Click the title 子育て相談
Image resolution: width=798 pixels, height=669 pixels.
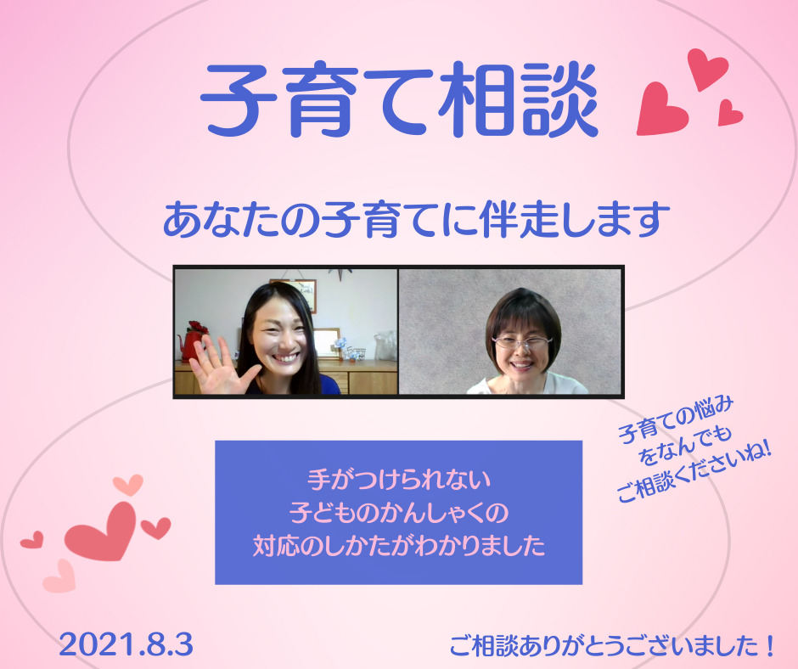click(x=400, y=100)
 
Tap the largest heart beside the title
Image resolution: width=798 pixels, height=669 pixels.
click(x=660, y=110)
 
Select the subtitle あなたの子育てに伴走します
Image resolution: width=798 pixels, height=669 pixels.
click(x=416, y=220)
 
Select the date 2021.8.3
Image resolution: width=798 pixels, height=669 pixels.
click(x=126, y=645)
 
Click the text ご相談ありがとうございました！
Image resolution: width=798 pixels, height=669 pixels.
click(x=612, y=645)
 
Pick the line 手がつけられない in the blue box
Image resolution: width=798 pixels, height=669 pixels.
click(x=399, y=479)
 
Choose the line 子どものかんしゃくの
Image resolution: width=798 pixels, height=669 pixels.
click(x=399, y=512)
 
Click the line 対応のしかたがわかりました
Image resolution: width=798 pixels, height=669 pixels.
click(x=399, y=545)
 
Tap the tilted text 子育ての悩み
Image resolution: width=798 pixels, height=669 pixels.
click(x=676, y=420)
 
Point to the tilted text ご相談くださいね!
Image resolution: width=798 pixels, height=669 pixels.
click(x=694, y=472)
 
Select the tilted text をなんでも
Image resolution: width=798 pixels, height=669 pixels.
click(x=685, y=446)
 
